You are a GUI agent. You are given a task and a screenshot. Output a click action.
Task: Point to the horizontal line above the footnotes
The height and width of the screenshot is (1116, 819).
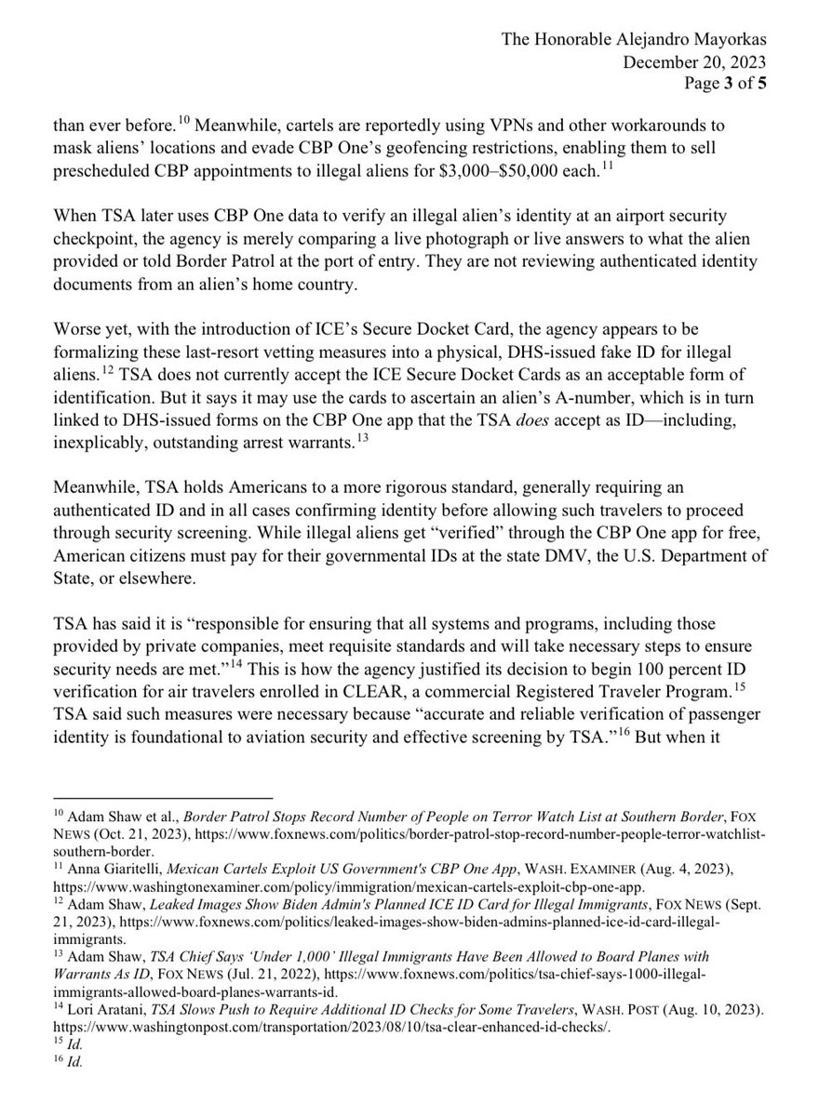click(x=162, y=797)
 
